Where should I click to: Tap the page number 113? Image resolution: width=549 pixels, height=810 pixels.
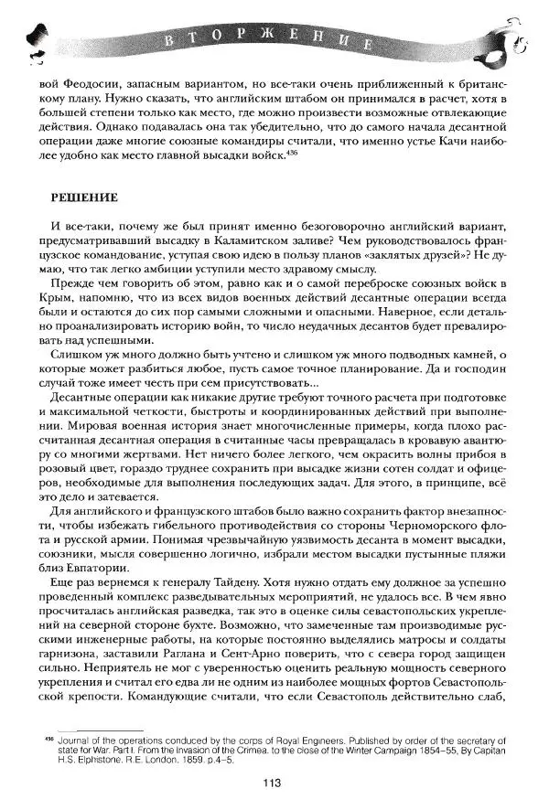pos(269,782)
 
